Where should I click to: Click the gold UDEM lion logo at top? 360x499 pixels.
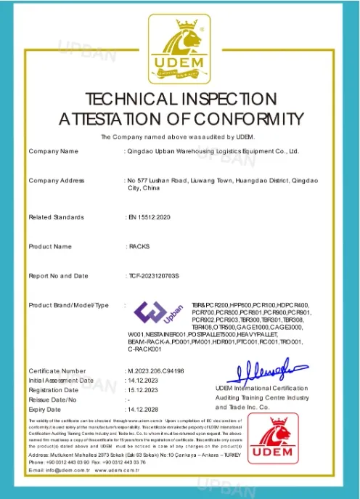click(x=180, y=50)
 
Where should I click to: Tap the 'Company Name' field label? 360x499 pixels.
click(x=53, y=151)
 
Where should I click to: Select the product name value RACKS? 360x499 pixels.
click(x=139, y=247)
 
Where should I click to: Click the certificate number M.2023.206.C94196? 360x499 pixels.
click(x=156, y=370)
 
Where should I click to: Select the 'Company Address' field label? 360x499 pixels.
click(x=57, y=180)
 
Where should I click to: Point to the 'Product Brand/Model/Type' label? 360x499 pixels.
click(x=68, y=305)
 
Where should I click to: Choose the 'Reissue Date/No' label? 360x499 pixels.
click(x=52, y=400)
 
